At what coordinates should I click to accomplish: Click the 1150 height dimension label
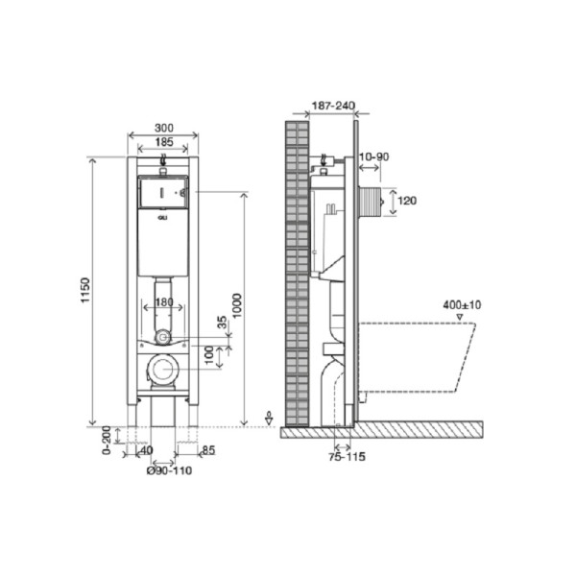click(85, 290)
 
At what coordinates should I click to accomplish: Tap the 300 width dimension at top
click(164, 128)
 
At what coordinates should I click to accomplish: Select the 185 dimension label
click(164, 142)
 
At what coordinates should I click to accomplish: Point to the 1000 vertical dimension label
click(237, 305)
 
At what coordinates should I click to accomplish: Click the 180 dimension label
click(164, 302)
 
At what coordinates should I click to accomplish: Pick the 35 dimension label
click(223, 323)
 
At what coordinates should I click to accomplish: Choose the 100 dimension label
click(209, 355)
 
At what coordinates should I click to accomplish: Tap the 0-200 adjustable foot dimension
click(107, 440)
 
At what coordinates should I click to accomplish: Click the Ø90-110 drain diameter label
click(169, 470)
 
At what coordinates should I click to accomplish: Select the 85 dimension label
click(208, 450)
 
